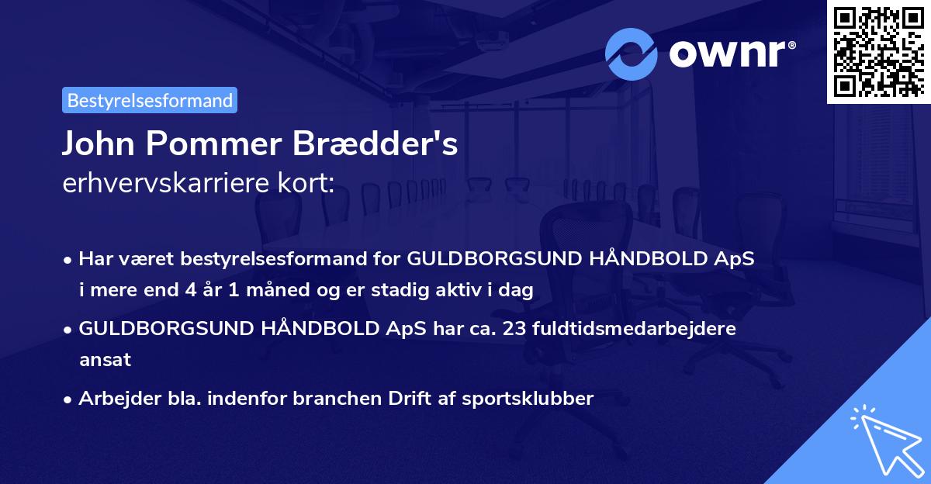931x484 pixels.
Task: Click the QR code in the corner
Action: click(x=878, y=51)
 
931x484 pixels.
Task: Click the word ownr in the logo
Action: click(x=730, y=54)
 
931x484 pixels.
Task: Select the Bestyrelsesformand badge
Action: click(x=150, y=100)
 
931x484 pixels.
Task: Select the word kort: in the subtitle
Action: click(x=311, y=184)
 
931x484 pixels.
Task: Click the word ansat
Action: click(x=105, y=360)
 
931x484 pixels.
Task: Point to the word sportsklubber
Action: click(x=531, y=399)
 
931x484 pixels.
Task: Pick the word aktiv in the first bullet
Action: click(x=462, y=290)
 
